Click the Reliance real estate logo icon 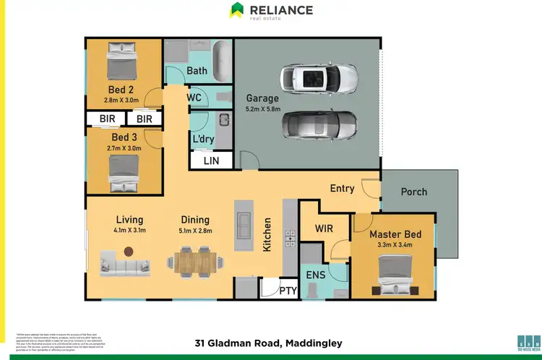coord(236,10)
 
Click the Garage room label coord(262,98)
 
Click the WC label coord(194,97)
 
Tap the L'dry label coord(202,139)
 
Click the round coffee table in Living coord(129,252)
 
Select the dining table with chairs coord(195,261)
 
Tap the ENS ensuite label coord(317,275)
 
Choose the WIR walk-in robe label coord(324,228)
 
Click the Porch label coord(413,192)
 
